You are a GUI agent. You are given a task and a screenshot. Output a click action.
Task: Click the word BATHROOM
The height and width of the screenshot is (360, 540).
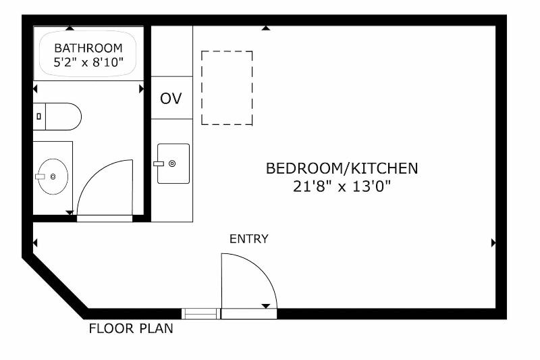pos(88,48)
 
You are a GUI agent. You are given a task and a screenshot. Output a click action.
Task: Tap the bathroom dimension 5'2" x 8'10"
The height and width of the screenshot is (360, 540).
pos(88,62)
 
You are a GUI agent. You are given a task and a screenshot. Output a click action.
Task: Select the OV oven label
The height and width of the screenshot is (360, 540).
pos(171,99)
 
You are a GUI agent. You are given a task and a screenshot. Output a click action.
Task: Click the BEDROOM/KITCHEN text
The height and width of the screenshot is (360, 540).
pos(342,168)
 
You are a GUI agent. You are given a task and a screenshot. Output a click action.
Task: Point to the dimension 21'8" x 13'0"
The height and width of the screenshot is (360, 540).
pos(342,186)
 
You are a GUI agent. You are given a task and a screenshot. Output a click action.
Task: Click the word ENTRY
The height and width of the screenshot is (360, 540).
pos(248,238)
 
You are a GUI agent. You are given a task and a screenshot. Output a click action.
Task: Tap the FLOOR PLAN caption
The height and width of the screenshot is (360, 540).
pos(131,329)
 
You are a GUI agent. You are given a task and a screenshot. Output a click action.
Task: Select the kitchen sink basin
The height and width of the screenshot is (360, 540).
pos(173,163)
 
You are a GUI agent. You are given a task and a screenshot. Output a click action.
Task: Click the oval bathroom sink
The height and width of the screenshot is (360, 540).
pos(53,177)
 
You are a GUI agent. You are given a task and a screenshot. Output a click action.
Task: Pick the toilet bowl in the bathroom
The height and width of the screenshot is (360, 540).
pos(63,116)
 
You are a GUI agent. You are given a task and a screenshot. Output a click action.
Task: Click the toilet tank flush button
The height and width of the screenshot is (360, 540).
pos(38,116)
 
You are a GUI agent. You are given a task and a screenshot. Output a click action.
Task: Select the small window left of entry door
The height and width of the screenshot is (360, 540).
pos(200,314)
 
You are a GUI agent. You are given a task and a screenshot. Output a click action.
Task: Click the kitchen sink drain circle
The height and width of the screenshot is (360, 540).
pos(172,163)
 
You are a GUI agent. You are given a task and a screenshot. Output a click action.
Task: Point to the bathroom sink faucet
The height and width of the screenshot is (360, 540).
pos(40,177)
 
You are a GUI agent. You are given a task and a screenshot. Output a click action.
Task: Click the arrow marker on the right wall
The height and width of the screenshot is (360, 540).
pos(493,243)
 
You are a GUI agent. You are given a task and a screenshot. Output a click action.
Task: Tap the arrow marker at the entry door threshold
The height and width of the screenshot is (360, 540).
pos(266,306)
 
